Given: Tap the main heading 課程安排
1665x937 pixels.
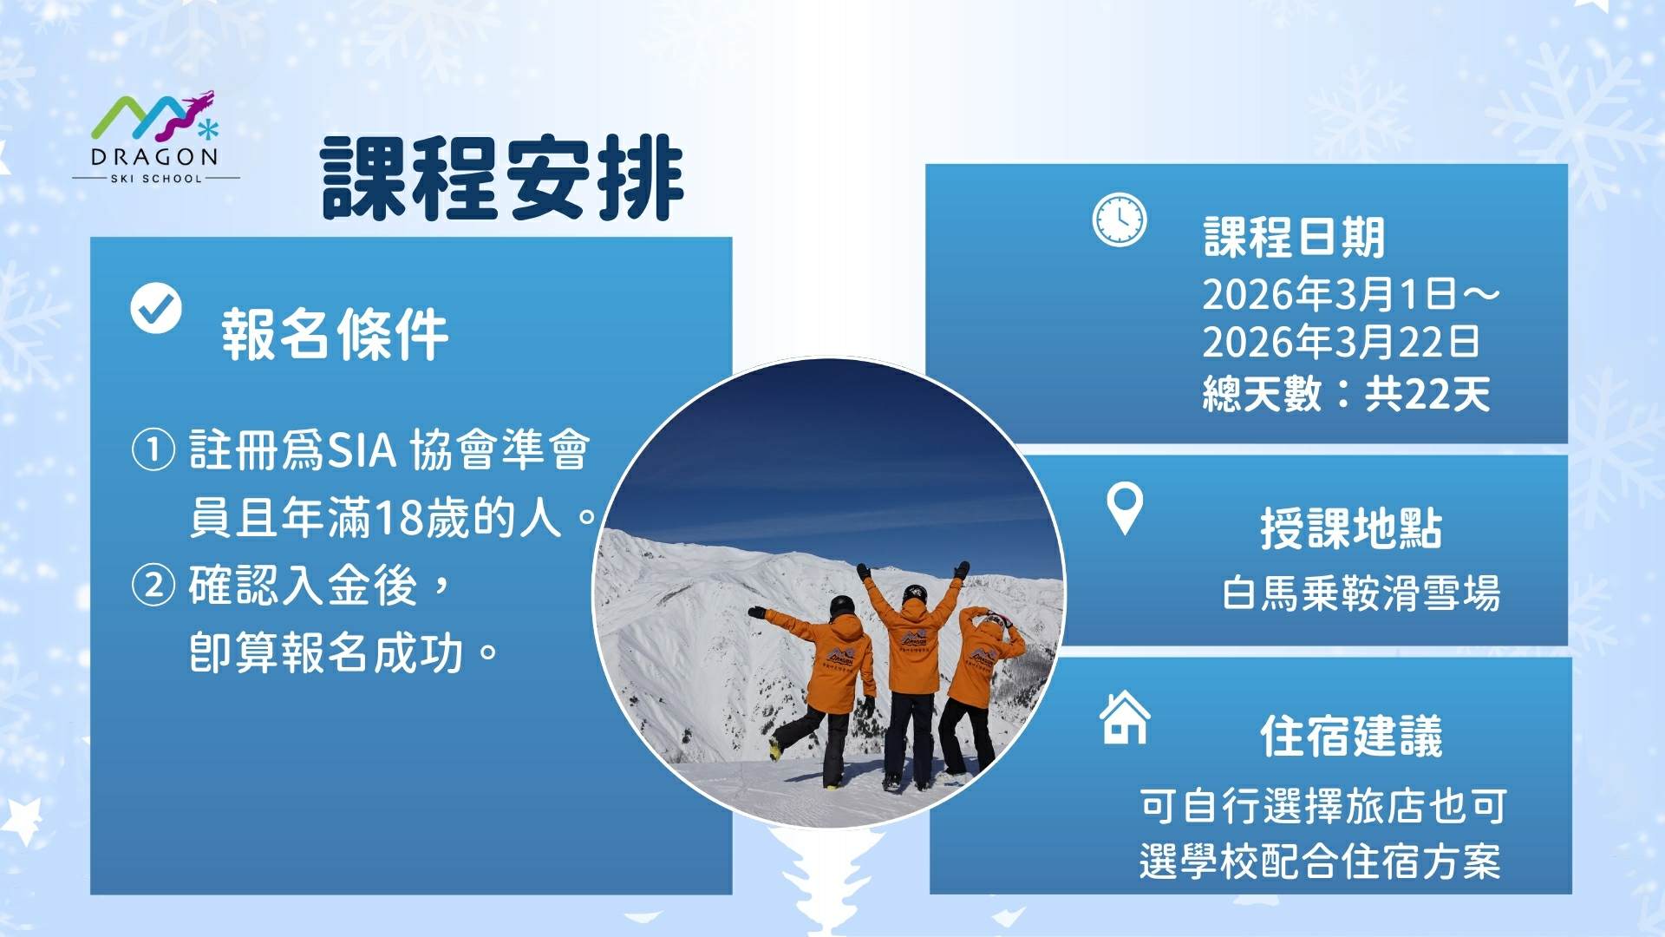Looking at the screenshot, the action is click(x=502, y=178).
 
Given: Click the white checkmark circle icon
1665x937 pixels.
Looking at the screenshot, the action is click(x=156, y=308).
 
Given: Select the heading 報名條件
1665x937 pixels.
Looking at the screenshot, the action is click(x=335, y=334).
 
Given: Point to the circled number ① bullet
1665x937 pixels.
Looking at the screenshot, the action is click(x=153, y=450).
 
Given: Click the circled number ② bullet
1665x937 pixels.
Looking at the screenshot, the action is click(x=153, y=585).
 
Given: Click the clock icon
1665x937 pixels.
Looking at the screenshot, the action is click(x=1119, y=220).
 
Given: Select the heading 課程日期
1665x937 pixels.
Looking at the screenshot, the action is click(x=1294, y=237).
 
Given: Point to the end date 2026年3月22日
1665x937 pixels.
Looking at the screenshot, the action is click(x=1341, y=342).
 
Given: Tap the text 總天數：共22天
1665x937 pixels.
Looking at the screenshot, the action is click(x=1346, y=394).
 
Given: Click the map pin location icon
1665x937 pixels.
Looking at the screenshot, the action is click(x=1125, y=508).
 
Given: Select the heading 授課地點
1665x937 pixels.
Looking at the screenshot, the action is click(x=1351, y=528).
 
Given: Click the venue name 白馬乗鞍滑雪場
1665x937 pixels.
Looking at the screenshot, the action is click(x=1361, y=594).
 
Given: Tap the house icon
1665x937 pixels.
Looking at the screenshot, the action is click(x=1125, y=717).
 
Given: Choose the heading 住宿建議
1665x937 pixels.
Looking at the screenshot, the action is click(x=1351, y=737).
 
